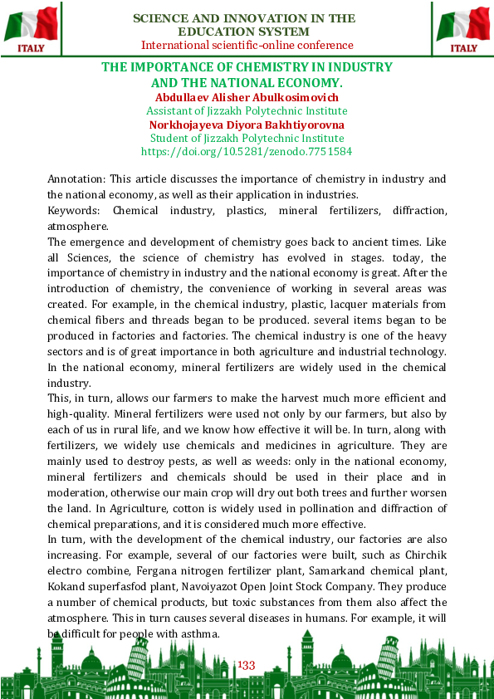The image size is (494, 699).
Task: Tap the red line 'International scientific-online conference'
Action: point(247,46)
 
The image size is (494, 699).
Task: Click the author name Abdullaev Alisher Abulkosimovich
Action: point(247,97)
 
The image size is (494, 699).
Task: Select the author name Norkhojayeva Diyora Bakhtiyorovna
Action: point(247,125)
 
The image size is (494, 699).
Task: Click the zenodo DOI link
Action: point(247,152)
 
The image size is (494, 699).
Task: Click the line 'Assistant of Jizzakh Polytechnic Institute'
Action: point(247,111)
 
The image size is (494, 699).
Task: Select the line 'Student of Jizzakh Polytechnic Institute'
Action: point(247,139)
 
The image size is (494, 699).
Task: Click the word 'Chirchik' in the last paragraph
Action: point(423,555)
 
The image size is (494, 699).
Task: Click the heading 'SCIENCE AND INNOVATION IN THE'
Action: point(244,18)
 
